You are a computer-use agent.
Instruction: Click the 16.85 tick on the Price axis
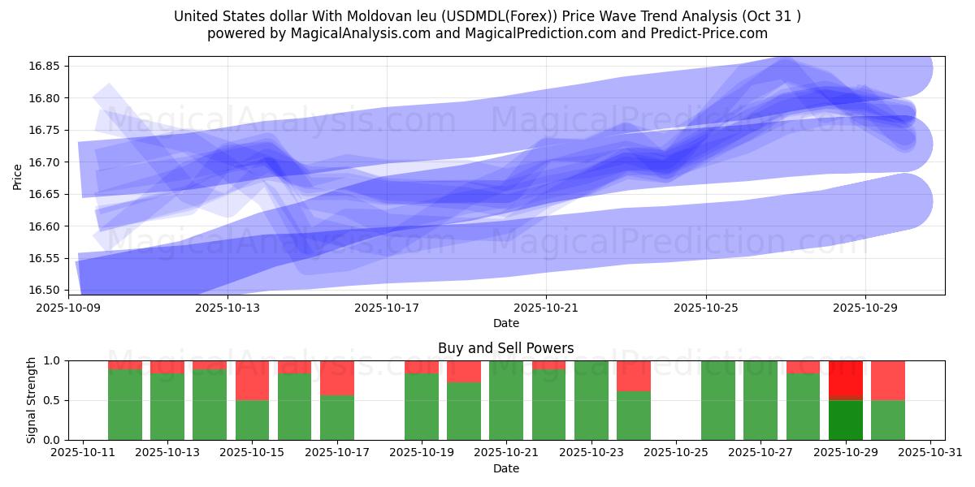(x=46, y=66)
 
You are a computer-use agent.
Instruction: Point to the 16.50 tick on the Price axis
(x=46, y=291)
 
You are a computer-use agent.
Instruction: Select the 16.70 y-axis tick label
(x=46, y=162)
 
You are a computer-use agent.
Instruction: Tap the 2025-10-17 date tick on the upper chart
(x=387, y=308)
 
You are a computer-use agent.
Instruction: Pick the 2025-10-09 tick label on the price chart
(x=68, y=308)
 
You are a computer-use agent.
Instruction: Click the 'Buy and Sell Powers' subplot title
(x=505, y=348)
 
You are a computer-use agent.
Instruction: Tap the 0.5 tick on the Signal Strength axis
(x=52, y=400)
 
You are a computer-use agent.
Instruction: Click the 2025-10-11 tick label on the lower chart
(x=83, y=453)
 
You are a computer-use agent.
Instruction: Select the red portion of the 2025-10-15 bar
(x=253, y=380)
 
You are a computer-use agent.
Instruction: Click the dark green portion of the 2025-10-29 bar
(x=846, y=420)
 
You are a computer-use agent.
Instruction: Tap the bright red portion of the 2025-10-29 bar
(x=846, y=378)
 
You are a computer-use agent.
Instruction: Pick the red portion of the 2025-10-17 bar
(x=337, y=377)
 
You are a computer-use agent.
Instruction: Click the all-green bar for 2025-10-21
(x=506, y=400)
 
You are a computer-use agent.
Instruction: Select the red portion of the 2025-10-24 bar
(x=634, y=375)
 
